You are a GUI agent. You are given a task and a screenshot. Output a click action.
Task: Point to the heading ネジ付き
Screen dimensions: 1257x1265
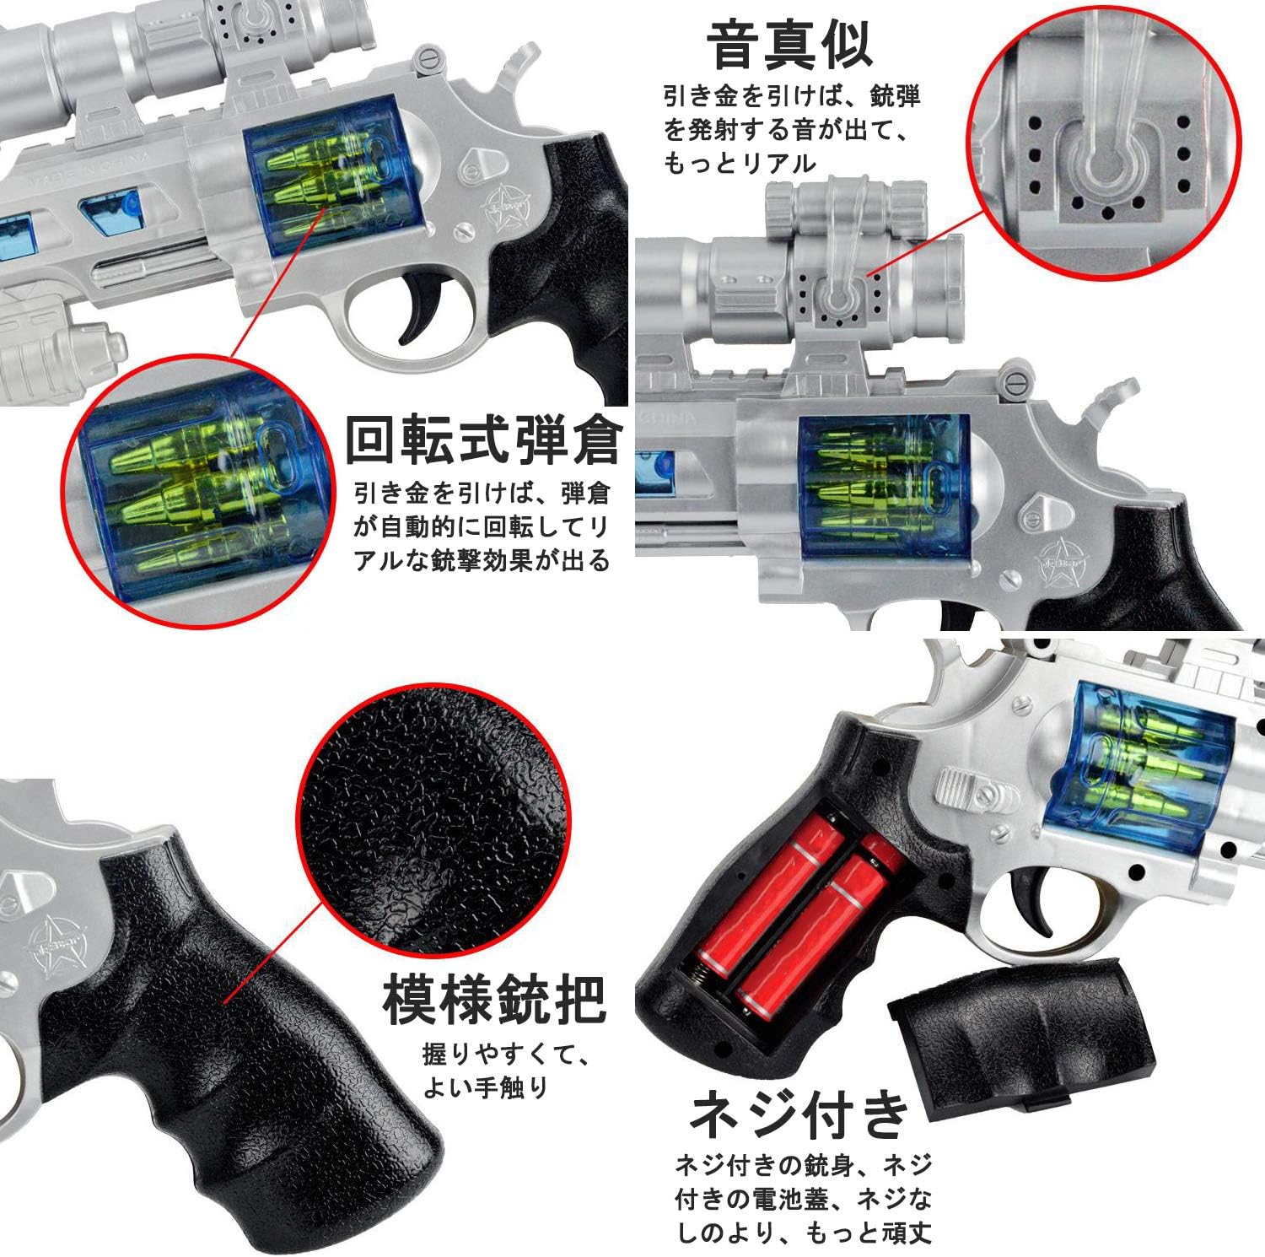(799, 1115)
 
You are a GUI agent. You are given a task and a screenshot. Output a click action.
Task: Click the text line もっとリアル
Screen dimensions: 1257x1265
(740, 163)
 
